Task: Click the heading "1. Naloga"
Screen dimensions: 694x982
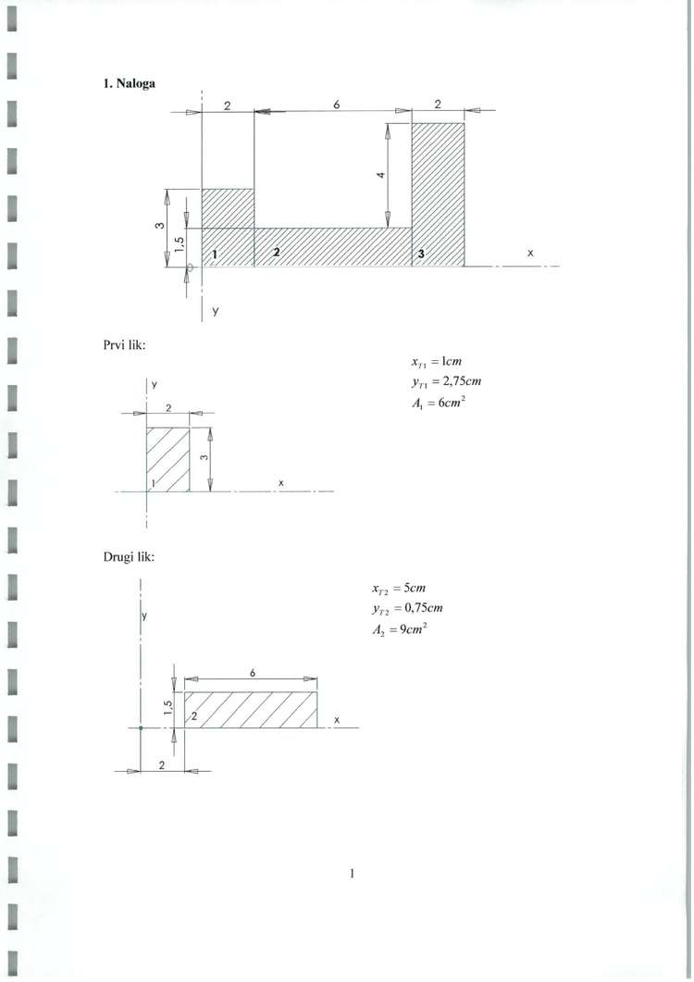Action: click(x=129, y=83)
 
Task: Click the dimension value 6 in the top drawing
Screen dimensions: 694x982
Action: click(x=336, y=105)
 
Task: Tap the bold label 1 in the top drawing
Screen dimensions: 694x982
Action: click(x=215, y=255)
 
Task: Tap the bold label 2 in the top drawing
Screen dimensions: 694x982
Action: click(x=277, y=253)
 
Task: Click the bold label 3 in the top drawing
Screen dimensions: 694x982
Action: click(x=422, y=254)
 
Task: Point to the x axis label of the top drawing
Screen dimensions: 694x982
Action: click(x=530, y=253)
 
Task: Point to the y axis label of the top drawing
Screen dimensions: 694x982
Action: click(x=215, y=311)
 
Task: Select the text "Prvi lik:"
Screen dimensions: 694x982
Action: click(x=125, y=344)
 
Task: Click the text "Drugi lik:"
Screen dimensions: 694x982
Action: click(x=129, y=557)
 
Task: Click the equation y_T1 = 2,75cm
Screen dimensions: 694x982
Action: click(x=447, y=381)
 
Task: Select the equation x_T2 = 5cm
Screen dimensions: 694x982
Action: click(x=399, y=588)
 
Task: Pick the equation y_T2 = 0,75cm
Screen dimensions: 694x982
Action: click(x=407, y=608)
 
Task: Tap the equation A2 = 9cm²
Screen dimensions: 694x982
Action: click(x=399, y=629)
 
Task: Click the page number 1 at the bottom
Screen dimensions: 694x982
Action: click(x=352, y=873)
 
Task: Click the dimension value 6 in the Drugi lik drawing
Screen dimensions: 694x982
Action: click(x=253, y=673)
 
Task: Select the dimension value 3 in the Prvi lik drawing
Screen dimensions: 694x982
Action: click(x=204, y=457)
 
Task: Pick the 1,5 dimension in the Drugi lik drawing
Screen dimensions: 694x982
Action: click(x=167, y=708)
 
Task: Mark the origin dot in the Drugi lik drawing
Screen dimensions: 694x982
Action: click(x=141, y=727)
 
